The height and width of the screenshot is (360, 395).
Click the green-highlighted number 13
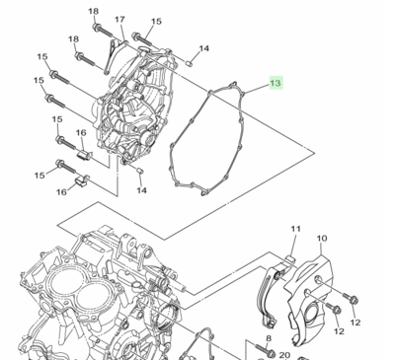coord(276,83)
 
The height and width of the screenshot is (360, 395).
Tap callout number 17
coord(119,20)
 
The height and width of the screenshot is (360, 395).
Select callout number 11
coord(295,229)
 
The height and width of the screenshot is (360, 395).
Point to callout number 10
coord(322,238)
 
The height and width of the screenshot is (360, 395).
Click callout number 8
coord(269,338)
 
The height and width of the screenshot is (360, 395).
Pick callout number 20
coord(284,355)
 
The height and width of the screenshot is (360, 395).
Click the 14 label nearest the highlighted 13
coord(203,48)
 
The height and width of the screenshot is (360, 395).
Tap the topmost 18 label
coord(94,11)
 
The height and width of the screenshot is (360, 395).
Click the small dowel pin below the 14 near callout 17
coord(189,63)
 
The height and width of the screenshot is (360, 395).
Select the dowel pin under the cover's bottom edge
coord(139,171)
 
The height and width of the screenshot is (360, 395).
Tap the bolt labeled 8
coord(265,350)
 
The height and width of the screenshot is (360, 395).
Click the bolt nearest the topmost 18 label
coord(104,31)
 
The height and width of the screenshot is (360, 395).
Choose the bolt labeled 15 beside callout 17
coord(142,38)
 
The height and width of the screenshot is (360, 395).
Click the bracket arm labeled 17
coord(115,56)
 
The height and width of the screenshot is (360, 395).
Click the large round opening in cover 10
coord(312,315)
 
